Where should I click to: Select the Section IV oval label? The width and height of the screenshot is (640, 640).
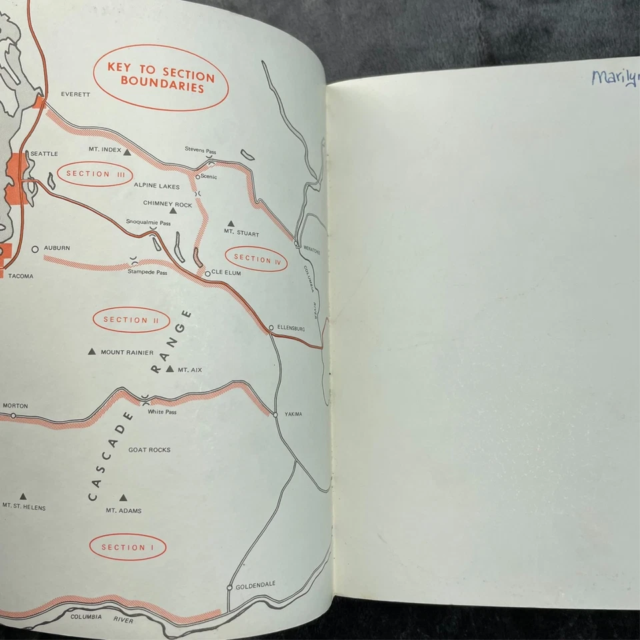tap(257, 259)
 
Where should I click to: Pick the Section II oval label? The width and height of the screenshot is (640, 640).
tap(130, 319)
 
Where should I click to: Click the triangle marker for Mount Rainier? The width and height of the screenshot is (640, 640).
tap(92, 351)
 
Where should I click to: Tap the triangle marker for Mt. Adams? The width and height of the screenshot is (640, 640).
tap(123, 498)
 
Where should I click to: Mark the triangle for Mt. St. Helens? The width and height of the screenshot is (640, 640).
tap(23, 496)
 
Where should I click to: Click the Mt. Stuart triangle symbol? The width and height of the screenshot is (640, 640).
tap(231, 223)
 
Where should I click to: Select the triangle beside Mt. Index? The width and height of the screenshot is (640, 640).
tap(127, 152)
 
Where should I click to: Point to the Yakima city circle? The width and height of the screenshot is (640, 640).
tap(275, 414)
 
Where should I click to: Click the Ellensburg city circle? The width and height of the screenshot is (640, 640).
tap(271, 327)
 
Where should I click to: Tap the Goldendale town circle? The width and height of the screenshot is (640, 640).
tap(230, 587)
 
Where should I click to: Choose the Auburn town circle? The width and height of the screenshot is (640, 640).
tap(35, 249)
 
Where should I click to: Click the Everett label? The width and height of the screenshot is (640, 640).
tap(75, 95)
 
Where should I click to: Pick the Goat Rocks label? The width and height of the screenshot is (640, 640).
tap(149, 450)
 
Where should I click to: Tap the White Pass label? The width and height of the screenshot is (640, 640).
tap(162, 412)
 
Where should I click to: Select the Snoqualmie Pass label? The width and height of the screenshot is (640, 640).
tap(144, 221)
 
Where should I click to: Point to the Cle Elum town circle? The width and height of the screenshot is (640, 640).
tap(208, 273)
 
